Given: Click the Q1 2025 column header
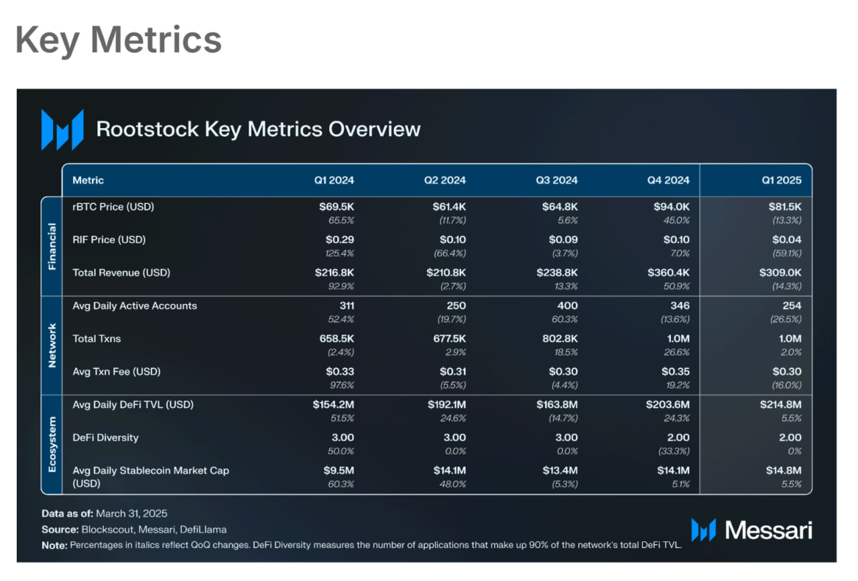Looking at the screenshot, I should click(x=782, y=180).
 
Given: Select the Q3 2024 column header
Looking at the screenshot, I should click(x=556, y=180).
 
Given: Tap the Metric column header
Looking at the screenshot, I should click(x=88, y=180).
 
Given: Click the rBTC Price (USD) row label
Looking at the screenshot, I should click(x=113, y=207).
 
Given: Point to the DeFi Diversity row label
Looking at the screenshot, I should click(x=105, y=437).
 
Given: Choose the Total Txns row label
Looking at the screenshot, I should click(x=97, y=338).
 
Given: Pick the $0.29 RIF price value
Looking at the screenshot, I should click(x=340, y=240).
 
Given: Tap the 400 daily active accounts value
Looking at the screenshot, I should click(x=567, y=305).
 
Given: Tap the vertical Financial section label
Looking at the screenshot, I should click(x=52, y=246).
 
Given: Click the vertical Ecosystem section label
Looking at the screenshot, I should click(x=52, y=444).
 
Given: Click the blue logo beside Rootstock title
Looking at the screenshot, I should click(x=62, y=129).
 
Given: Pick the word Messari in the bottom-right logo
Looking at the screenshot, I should click(x=768, y=530).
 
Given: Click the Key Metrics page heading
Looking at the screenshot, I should click(x=118, y=40).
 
